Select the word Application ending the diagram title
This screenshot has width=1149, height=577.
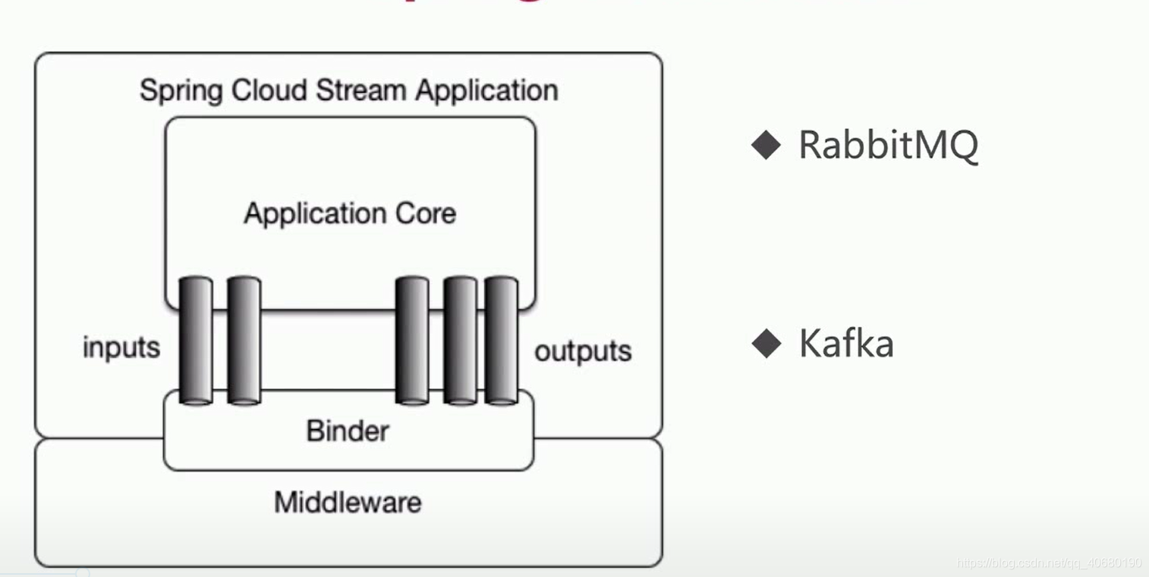[x=486, y=91]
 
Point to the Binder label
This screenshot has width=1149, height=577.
[x=348, y=431]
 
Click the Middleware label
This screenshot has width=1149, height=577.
[x=348, y=503]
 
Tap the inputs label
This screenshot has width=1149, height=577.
[x=121, y=348]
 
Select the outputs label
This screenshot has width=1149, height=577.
[x=583, y=351]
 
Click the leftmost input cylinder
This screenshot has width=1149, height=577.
[x=196, y=340]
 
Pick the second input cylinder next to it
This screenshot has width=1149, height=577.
[x=244, y=340]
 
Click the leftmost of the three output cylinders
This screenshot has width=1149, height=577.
[x=412, y=340]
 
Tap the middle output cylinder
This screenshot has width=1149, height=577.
[x=460, y=340]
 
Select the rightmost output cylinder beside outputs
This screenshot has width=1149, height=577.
[x=501, y=340]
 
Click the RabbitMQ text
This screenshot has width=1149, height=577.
[x=888, y=144]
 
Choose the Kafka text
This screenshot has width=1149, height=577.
[x=846, y=344]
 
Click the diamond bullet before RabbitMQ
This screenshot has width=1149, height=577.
[x=766, y=144]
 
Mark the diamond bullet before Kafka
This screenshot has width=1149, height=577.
[x=766, y=344]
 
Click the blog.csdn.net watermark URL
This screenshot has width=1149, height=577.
[x=1049, y=563]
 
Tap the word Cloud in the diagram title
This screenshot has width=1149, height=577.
[x=269, y=90]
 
